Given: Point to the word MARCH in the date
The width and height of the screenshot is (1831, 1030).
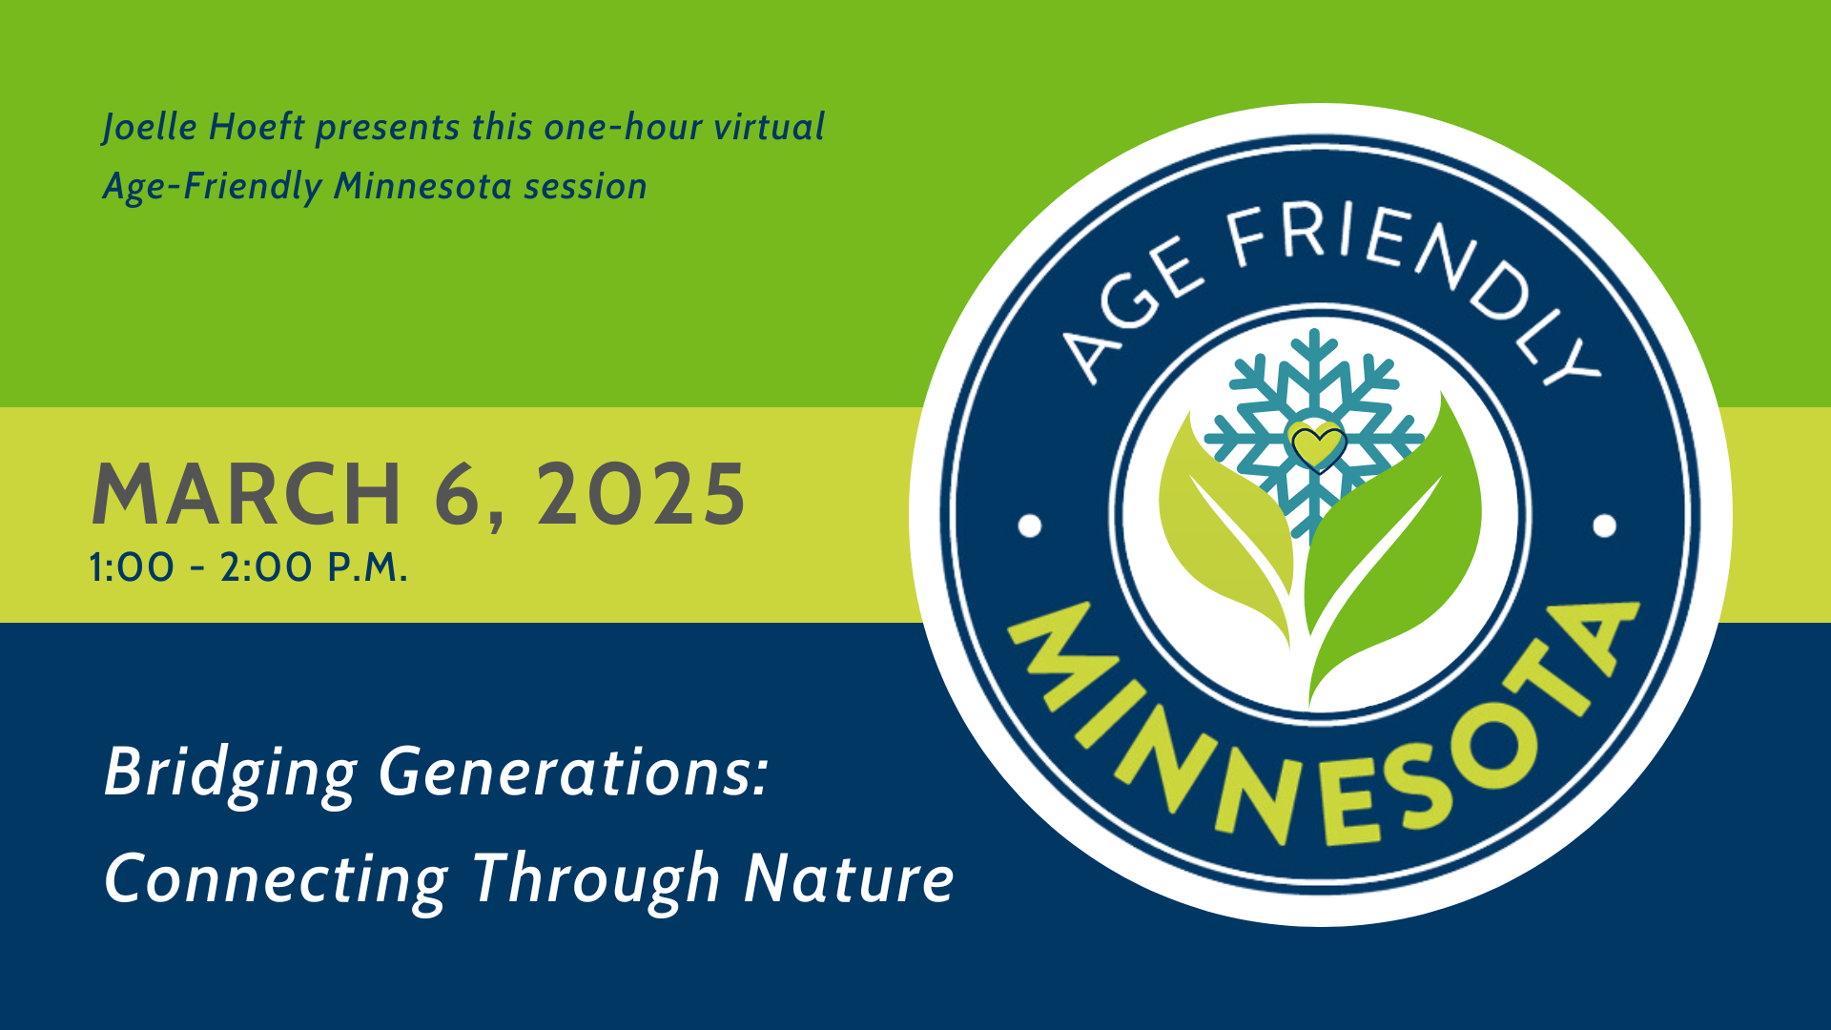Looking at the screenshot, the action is pyautogui.click(x=246, y=494).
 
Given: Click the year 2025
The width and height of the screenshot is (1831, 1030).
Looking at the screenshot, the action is pyautogui.click(x=641, y=494).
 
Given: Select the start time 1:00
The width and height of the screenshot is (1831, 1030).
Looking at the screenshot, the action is pyautogui.click(x=132, y=567).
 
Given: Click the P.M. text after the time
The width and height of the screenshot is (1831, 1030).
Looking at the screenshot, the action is pyautogui.click(x=368, y=567).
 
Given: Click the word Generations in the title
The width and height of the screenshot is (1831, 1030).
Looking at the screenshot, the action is pyautogui.click(x=573, y=772).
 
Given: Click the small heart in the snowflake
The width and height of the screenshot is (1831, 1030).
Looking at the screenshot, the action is pyautogui.click(x=1316, y=445).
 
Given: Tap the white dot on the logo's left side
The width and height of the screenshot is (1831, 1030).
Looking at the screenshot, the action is pyautogui.click(x=1030, y=525).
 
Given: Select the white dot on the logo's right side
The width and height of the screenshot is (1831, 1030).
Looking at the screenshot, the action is pyautogui.click(x=1605, y=525).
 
